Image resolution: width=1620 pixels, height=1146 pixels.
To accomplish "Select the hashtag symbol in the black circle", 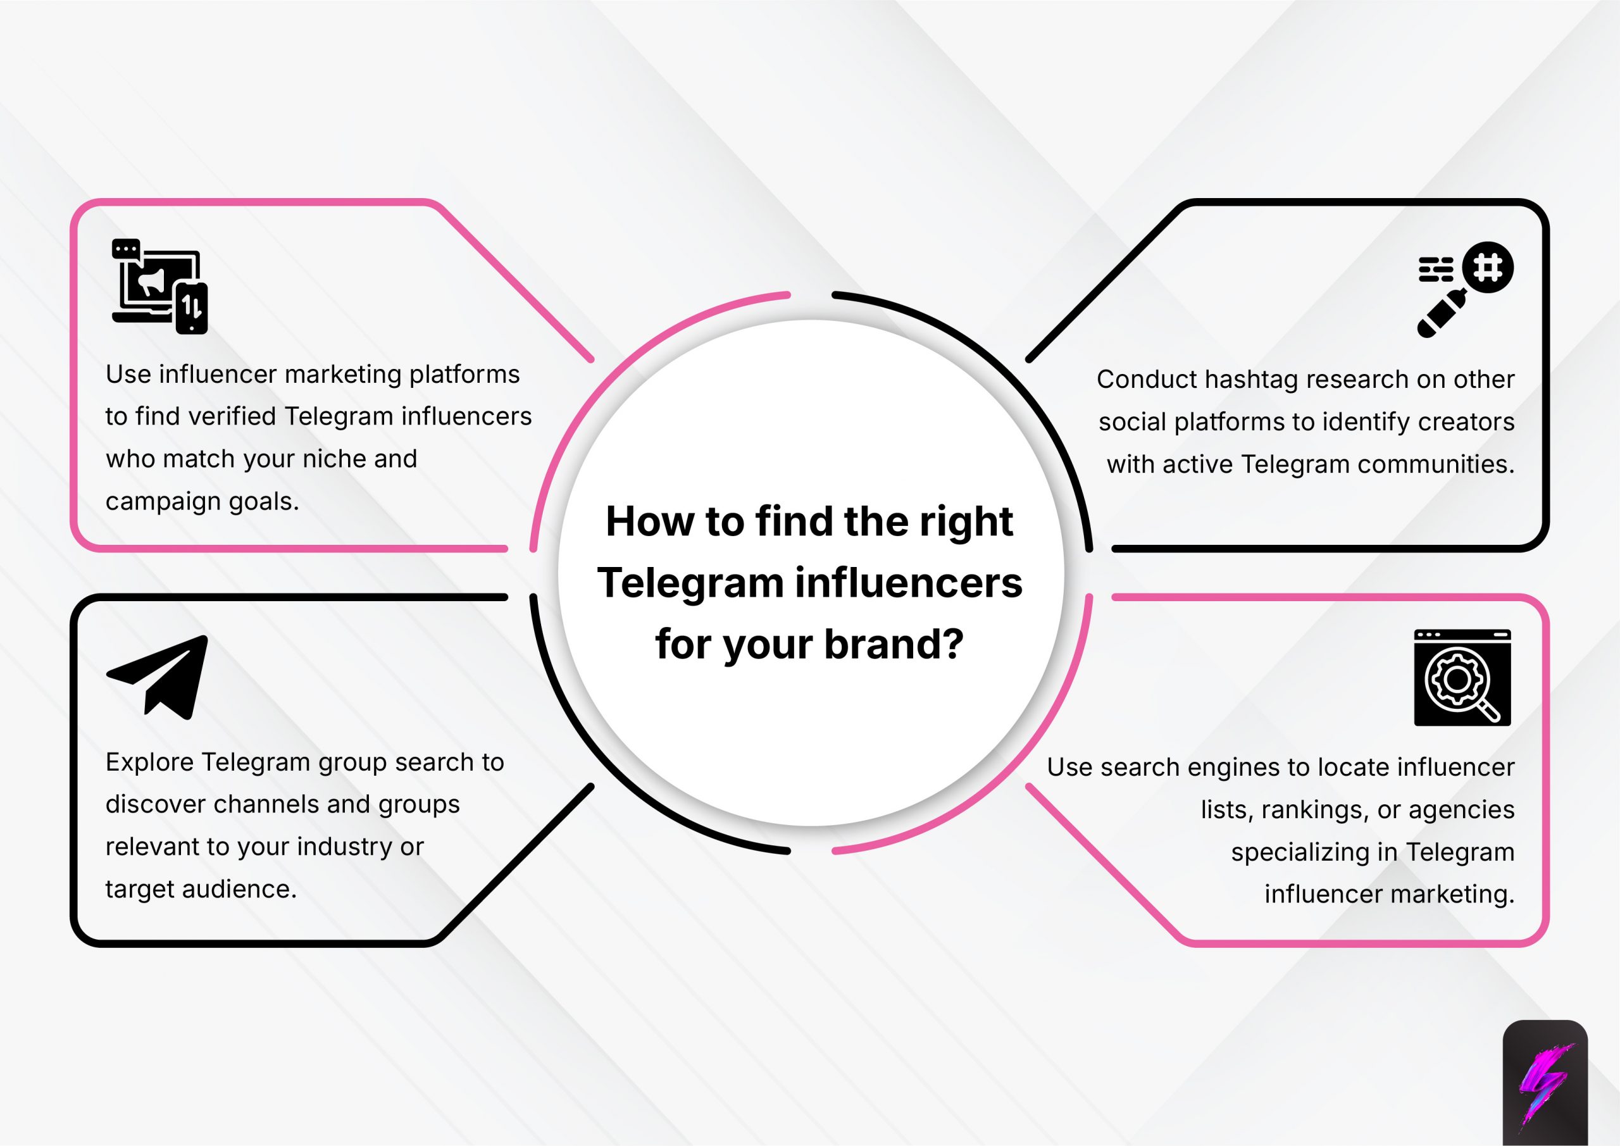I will click(x=1487, y=268).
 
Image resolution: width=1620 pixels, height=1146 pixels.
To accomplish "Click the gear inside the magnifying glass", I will click(x=1456, y=680).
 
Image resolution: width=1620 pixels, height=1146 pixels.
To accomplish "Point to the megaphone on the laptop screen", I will click(x=153, y=282).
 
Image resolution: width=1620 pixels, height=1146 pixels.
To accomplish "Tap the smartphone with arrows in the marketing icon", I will click(x=191, y=308).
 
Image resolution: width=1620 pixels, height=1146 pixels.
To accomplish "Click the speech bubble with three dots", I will click(x=125, y=249).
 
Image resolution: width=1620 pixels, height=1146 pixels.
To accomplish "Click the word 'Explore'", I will click(x=149, y=762).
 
